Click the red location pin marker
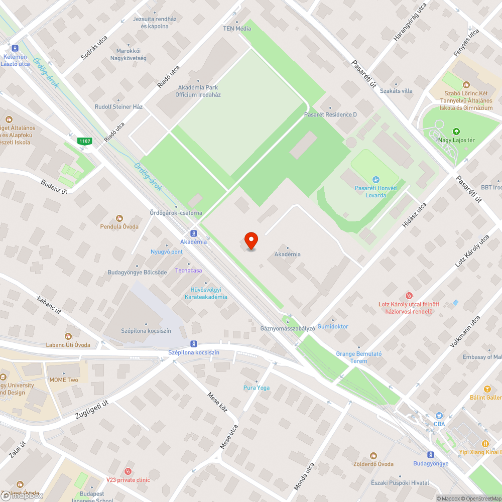tap(250, 240)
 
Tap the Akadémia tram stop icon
tap(193, 233)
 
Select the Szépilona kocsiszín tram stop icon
tap(194, 343)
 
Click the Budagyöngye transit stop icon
tap(431, 454)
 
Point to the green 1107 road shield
tap(85, 142)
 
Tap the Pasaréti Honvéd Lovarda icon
tap(375, 180)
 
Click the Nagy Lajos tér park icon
tap(456, 131)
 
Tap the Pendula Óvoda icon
tap(119, 218)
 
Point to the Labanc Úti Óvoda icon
tap(68, 336)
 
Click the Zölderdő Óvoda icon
tap(373, 455)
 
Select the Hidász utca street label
tap(414, 215)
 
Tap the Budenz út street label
tap(54, 186)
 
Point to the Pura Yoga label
tap(257, 388)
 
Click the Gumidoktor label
tap(333, 327)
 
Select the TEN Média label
tap(237, 29)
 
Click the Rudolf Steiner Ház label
tap(119, 107)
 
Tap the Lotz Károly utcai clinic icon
tap(409, 296)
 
